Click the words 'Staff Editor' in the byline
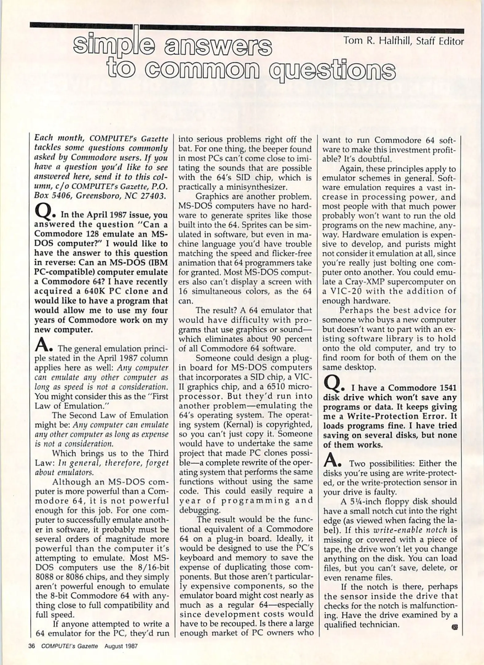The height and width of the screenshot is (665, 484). pyautogui.click(x=439, y=41)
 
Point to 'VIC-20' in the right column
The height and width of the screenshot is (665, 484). pyautogui.click(x=343, y=291)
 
